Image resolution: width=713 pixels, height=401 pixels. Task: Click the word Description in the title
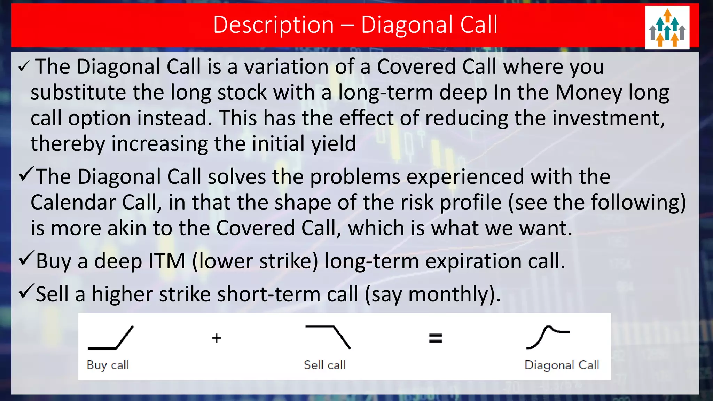pos(273,25)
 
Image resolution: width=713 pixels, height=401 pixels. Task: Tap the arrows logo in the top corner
pos(667,27)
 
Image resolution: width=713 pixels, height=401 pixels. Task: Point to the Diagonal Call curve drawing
pos(548,337)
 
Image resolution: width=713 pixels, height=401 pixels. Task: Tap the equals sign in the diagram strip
pos(435,338)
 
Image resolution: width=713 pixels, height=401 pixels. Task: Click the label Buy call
pos(108,365)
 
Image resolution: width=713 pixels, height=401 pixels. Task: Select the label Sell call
pos(324,365)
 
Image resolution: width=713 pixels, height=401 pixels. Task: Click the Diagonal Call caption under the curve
pos(562,365)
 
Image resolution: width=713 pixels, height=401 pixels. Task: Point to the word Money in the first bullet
pos(588,93)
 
